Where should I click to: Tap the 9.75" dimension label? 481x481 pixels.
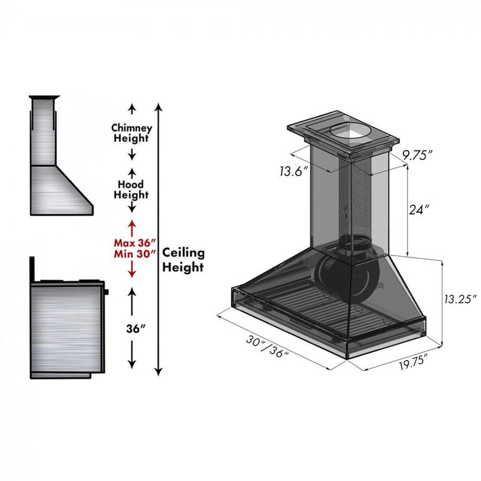click(x=417, y=155)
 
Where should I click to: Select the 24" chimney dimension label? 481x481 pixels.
click(x=419, y=210)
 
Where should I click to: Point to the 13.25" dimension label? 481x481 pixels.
click(x=459, y=299)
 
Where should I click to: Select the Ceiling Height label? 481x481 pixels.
click(x=183, y=260)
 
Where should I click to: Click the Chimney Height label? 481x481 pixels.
click(x=132, y=133)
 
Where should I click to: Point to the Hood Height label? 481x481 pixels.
click(x=132, y=190)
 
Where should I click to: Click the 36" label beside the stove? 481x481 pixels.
click(x=132, y=329)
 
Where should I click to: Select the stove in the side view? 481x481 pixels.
click(x=66, y=328)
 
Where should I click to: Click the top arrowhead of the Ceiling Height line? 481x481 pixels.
click(x=158, y=107)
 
